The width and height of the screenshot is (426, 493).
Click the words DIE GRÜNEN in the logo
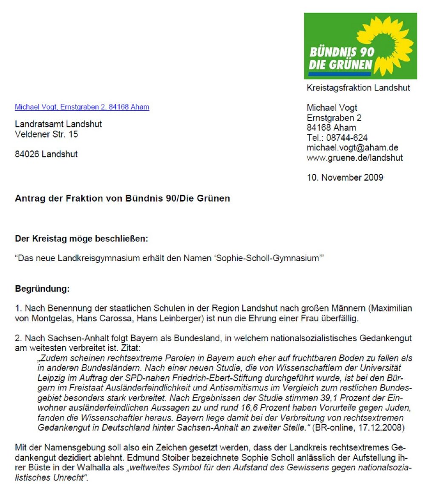340,66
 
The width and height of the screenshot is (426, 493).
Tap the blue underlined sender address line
82,107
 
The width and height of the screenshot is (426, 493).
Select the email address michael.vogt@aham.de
352,147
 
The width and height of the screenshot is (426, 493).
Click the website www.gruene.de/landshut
354,158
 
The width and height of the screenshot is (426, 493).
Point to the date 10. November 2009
345,177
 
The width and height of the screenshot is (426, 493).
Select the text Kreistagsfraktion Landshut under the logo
358,88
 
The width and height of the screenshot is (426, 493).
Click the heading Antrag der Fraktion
122,199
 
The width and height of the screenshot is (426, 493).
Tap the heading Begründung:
42,289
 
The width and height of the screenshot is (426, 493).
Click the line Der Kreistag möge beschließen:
81,239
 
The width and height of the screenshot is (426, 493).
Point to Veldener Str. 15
46,134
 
